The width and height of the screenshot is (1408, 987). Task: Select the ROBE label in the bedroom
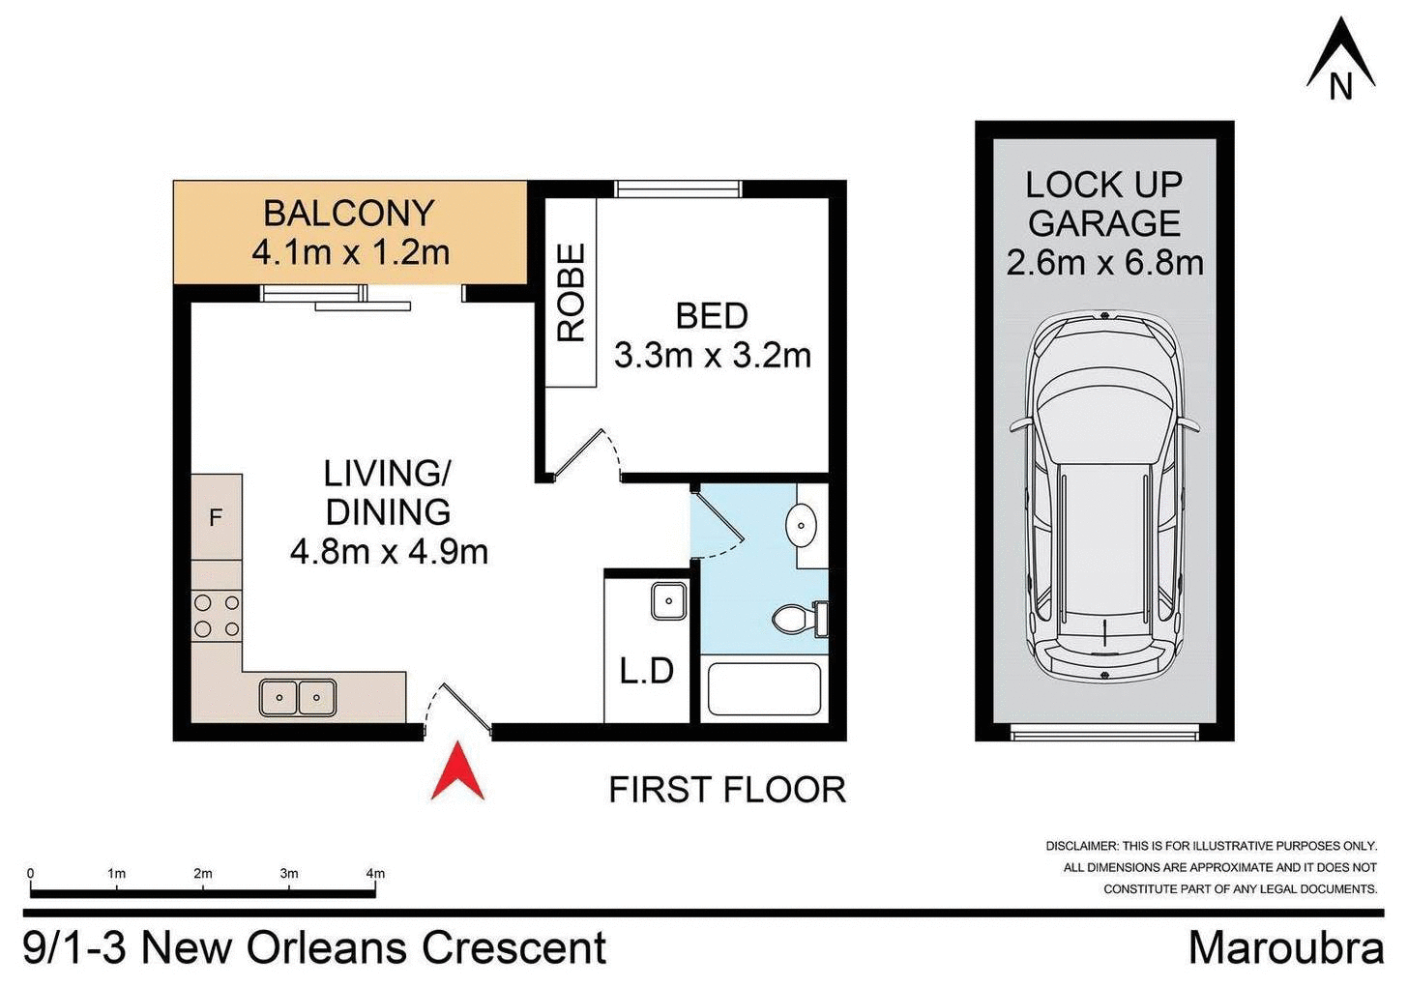[572, 292]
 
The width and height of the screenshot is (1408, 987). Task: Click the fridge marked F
[216, 517]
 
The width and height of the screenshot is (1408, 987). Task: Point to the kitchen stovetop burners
[217, 616]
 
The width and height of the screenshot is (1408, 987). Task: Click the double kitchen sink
[298, 697]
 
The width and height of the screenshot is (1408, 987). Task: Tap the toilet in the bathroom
[799, 618]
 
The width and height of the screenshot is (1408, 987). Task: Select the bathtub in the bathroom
[764, 688]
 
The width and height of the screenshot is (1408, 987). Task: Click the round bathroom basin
[802, 526]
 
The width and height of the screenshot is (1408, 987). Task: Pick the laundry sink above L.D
[668, 600]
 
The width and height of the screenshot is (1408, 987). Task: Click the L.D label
[646, 670]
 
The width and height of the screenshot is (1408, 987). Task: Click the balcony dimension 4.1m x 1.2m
[350, 253]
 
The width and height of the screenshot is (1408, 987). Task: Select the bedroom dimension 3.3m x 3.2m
[712, 356]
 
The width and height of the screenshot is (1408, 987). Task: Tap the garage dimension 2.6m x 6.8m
[1104, 263]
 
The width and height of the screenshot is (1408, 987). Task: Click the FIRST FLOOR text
[727, 790]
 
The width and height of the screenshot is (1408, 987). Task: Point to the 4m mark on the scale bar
[375, 874]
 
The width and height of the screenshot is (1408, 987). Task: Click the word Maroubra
[1285, 947]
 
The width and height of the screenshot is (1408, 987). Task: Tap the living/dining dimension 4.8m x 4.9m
[389, 552]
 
